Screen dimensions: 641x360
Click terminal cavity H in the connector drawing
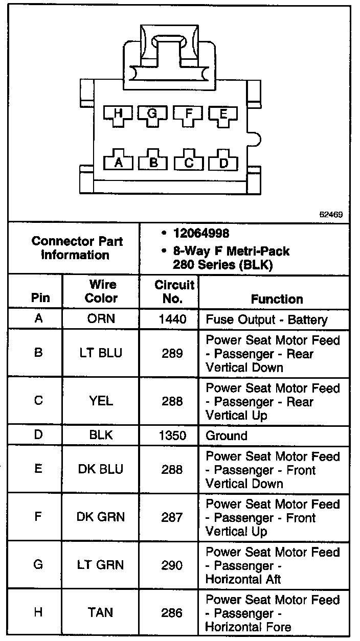(x=119, y=116)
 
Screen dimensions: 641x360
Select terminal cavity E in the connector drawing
(x=222, y=116)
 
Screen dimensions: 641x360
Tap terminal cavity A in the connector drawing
(x=119, y=162)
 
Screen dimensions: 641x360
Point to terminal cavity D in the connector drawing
(x=223, y=162)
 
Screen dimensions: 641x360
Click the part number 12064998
(x=200, y=233)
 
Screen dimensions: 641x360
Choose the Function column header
(x=277, y=299)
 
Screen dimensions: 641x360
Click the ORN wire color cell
(x=101, y=319)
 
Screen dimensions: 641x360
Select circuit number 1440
(x=171, y=320)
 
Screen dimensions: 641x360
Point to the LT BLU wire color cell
(x=101, y=353)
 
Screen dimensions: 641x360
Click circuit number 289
(x=171, y=353)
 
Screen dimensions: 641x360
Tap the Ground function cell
(x=227, y=436)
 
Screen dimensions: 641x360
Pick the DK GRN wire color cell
(x=101, y=517)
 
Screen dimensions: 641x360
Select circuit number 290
(x=171, y=565)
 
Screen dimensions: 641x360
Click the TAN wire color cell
(x=101, y=612)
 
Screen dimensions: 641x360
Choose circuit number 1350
(x=171, y=436)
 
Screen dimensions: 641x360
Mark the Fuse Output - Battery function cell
(x=266, y=320)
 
